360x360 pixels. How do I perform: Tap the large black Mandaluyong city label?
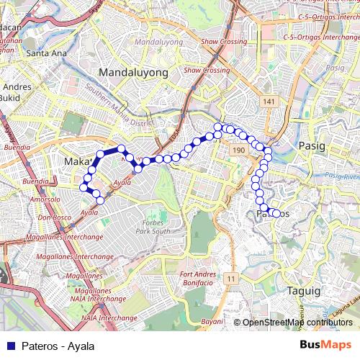tap(133, 73)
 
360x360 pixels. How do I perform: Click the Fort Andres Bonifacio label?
tap(196, 279)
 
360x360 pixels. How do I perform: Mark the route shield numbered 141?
tap(269, 103)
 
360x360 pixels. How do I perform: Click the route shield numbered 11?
tap(230, 278)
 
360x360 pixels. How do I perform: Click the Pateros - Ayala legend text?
tap(58, 346)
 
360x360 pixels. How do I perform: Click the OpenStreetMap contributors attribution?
tap(297, 322)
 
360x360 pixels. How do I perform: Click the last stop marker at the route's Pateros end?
tap(276, 213)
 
